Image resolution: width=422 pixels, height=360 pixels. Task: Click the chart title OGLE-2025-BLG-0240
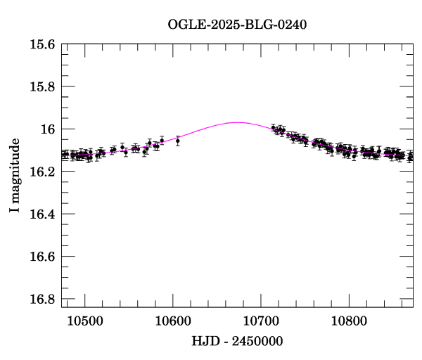pos(237,25)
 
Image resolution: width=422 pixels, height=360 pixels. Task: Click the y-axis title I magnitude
pos(15,176)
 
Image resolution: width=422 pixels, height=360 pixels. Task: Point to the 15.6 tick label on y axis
pos(43,45)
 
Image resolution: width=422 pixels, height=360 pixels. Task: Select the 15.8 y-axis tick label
pos(43,87)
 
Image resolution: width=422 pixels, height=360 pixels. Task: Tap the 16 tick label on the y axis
pos(49,129)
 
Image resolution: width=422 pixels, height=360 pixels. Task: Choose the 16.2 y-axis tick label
pos(43,172)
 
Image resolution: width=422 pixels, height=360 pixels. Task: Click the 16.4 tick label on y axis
pos(43,214)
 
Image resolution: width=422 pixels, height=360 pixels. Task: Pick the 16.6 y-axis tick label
pos(43,257)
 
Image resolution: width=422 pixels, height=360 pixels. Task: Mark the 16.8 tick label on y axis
pos(43,299)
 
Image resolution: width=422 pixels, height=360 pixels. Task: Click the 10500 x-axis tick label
pos(84,320)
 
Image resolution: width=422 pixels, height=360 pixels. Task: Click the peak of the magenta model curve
pos(237,122)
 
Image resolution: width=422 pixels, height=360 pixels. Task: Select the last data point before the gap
pos(177,141)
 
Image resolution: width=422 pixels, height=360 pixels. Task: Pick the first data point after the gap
pos(273,127)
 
